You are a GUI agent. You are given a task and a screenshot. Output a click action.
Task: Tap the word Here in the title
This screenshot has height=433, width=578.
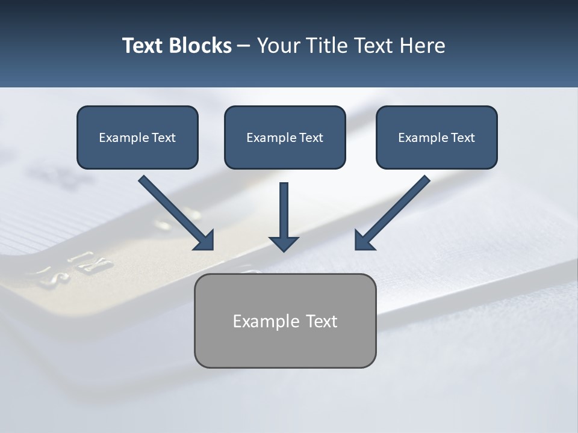(421, 46)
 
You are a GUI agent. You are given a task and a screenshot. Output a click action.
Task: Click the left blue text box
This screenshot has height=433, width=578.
(137, 138)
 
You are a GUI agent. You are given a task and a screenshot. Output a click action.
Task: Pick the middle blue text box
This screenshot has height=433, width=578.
(285, 138)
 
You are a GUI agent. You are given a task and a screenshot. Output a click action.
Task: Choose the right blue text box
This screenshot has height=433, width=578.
(437, 138)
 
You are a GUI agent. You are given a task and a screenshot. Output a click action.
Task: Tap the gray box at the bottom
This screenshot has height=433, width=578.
(285, 321)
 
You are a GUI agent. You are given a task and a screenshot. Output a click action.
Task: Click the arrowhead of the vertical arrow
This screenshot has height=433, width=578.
(284, 243)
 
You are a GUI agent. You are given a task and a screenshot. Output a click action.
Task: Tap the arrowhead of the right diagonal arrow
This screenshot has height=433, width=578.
(363, 240)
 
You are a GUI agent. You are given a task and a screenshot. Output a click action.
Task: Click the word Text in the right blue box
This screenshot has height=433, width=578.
(463, 138)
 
